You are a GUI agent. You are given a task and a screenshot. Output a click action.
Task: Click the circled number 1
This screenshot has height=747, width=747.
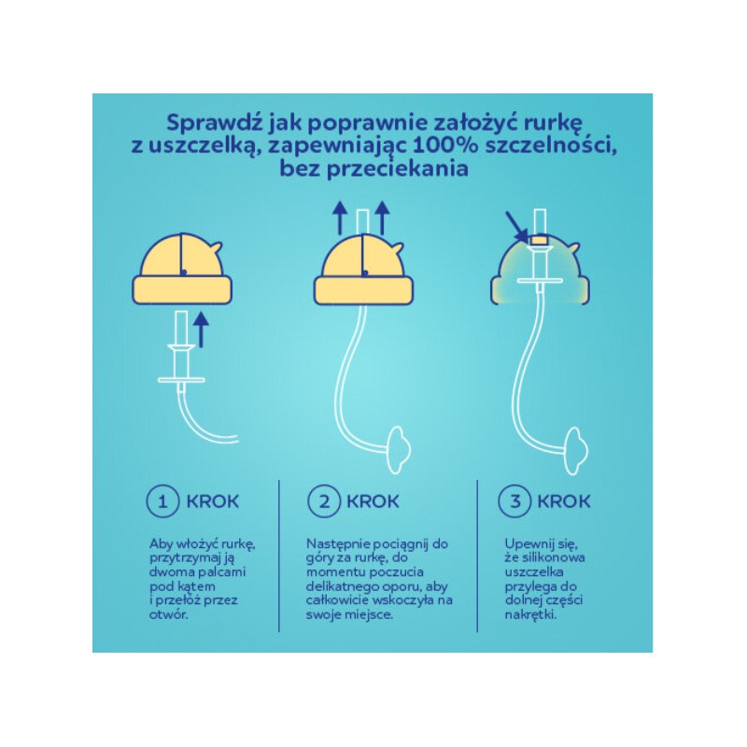click(x=162, y=501)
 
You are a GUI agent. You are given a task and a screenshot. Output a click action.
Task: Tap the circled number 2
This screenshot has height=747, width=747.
click(x=324, y=501)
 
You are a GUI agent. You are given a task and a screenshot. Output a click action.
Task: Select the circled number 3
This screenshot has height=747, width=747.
click(x=514, y=501)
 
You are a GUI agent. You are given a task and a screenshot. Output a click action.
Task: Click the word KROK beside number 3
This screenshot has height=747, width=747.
click(x=564, y=501)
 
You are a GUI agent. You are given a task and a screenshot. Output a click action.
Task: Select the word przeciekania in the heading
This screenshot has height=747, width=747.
click(x=398, y=169)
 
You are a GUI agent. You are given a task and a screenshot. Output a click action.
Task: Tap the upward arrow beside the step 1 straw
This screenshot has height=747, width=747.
click(x=201, y=330)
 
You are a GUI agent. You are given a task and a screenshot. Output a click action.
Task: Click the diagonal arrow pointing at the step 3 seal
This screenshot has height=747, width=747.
click(x=517, y=227)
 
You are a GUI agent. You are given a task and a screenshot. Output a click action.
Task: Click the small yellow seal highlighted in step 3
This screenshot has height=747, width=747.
click(x=540, y=240)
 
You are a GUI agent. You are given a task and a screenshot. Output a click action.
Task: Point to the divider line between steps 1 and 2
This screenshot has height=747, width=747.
click(x=279, y=556)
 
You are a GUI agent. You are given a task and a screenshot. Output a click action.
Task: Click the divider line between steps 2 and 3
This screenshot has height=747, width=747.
click(x=477, y=556)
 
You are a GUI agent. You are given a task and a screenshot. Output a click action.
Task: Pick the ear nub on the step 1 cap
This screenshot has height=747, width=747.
click(x=216, y=247)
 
